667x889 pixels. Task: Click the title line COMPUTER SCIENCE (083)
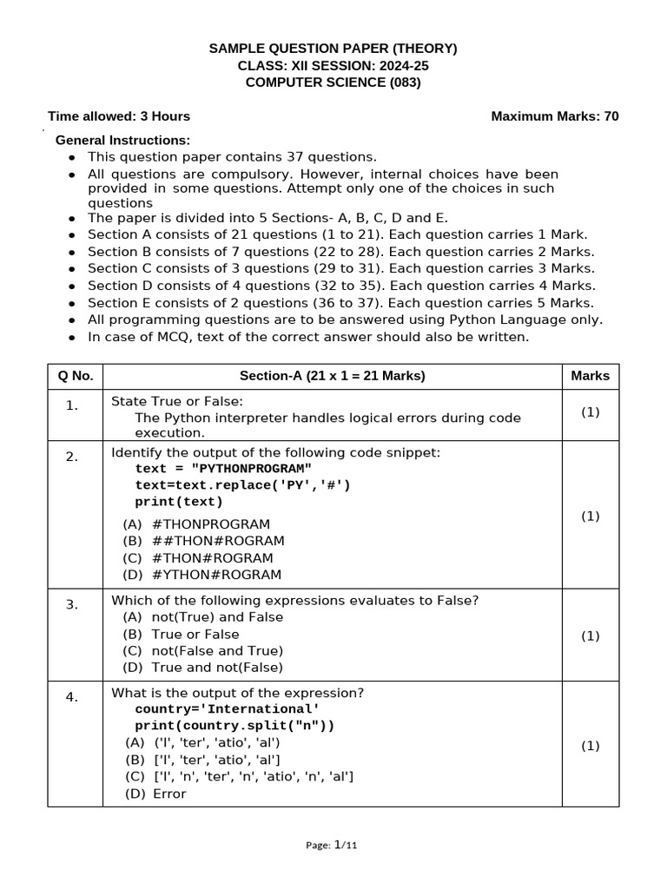coord(333,82)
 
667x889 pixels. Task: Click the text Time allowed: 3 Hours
coord(119,116)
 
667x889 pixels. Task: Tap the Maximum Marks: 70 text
coord(555,116)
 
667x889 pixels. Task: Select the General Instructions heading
coord(122,140)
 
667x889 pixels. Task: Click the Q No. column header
coord(76,376)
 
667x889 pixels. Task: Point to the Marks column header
coord(590,376)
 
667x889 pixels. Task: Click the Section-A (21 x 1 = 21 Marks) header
coord(332,376)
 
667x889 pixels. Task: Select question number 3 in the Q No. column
coord(72,605)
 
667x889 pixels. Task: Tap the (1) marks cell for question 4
coord(590,746)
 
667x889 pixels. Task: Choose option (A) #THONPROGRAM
coord(197,524)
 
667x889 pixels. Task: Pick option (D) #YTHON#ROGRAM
coord(202,575)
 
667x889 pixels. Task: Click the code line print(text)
coord(179,502)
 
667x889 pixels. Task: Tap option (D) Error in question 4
coord(155,794)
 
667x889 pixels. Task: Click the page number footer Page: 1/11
coord(333,845)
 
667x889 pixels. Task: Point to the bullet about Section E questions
coord(340,303)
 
